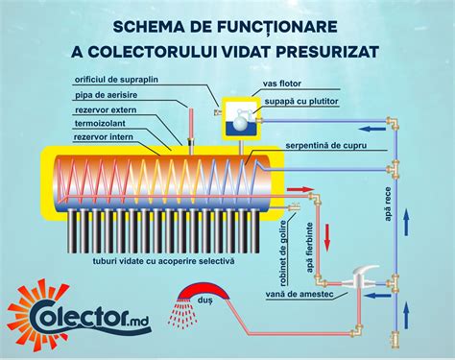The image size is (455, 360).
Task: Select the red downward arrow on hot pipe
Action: coord(326,233)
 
